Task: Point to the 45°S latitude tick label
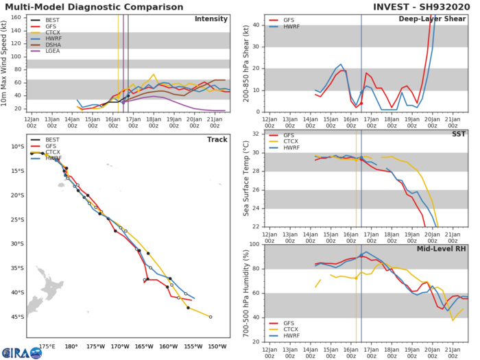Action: coord(16,317)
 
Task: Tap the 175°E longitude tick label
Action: coord(47,346)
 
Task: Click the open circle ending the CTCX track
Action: coord(211,317)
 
